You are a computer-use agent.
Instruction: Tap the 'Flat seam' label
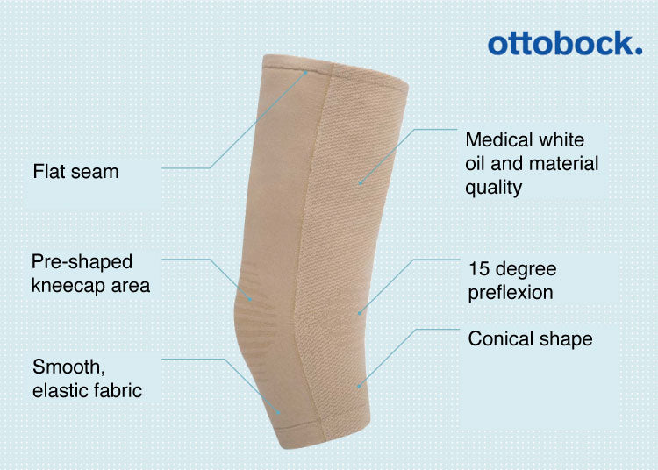75,172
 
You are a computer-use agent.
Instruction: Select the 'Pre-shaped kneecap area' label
90,274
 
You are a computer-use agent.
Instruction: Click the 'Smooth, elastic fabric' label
87,378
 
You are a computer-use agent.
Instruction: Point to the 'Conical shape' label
530,338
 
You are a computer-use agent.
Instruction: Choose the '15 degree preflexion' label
512,281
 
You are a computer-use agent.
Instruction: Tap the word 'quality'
494,187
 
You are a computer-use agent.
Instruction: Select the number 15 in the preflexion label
479,269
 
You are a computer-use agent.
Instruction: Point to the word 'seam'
96,172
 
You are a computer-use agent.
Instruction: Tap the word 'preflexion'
511,293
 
